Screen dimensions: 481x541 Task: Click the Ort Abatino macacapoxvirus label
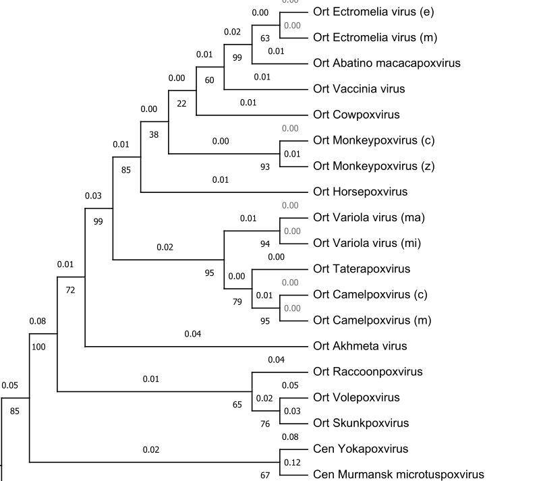coord(387,63)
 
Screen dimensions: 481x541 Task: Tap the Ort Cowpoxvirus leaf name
coord(356,115)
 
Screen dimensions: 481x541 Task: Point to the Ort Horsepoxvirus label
coord(360,192)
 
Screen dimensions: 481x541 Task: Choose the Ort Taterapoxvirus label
coord(362,268)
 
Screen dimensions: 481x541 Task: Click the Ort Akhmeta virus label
coord(360,346)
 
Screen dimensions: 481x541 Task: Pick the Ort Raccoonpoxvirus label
coord(368,372)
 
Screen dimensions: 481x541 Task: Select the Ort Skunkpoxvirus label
coord(361,423)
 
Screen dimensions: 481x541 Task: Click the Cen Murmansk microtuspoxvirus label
coord(399,474)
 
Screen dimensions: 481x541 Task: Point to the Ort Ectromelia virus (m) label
coord(376,38)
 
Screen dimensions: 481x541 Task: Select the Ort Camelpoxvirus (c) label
coord(370,294)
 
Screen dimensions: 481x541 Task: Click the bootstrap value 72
coord(71,290)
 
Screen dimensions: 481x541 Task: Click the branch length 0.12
coord(292,462)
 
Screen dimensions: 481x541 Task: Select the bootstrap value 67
coord(265,475)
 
